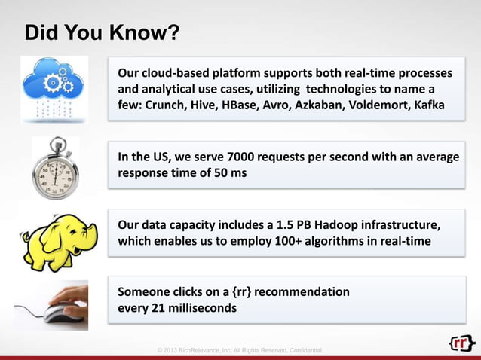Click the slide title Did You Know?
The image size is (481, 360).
pos(102,34)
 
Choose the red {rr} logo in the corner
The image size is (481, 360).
pos(461,343)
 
